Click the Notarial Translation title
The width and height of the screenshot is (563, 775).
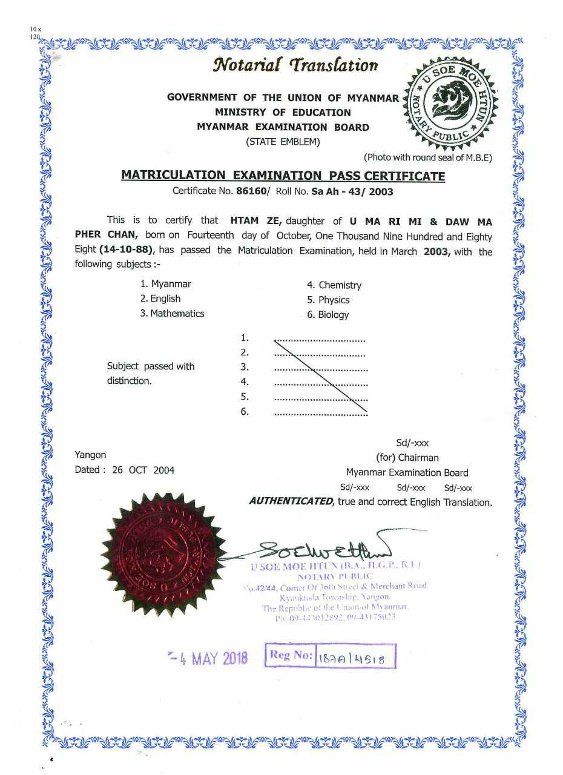coord(295,65)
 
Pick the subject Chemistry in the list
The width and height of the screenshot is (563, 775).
coord(340,285)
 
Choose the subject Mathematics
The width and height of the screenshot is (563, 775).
coord(177,314)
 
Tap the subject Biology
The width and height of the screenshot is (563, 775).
coord(333,315)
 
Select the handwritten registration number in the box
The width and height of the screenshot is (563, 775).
coord(356,658)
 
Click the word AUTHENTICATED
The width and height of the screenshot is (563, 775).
coord(291,502)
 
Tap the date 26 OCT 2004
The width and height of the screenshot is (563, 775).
coord(143,470)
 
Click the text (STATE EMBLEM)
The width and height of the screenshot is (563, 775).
coord(283,142)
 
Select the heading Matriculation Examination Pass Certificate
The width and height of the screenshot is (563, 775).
coord(283,176)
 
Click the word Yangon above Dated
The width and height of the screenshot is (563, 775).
coord(90,455)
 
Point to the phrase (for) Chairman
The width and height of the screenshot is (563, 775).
coord(407,458)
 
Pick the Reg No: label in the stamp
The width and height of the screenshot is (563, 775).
coord(291,655)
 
